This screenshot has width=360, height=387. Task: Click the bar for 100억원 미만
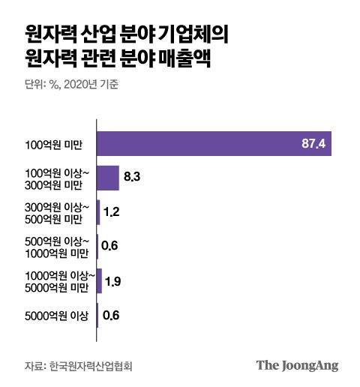point(214,143)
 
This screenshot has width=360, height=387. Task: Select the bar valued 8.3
point(108,178)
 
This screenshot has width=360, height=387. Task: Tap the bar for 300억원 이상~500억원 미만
point(98,212)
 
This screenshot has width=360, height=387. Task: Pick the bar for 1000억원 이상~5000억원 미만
point(99,281)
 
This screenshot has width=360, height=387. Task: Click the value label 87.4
point(311,143)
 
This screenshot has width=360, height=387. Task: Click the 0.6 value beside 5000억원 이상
point(111,315)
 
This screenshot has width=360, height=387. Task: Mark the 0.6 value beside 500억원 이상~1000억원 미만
point(111,247)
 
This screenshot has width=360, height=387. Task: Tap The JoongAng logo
point(298,365)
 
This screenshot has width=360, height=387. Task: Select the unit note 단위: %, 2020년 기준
point(71,84)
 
